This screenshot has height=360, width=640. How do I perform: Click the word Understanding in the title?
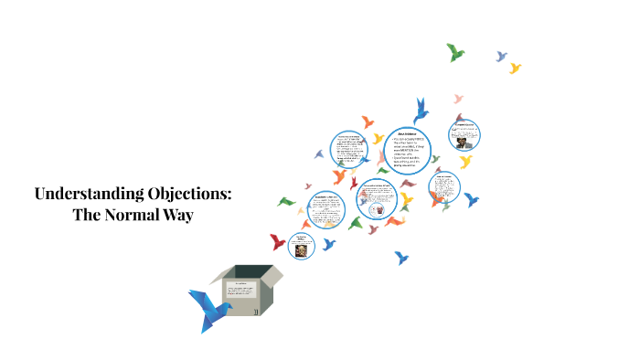coord(86,194)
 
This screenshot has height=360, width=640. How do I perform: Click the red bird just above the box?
coord(278,241)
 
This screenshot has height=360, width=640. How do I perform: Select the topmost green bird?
coord(455,52)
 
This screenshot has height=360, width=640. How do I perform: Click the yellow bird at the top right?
coord(515,68)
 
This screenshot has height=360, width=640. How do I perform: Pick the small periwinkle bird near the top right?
coord(501,57)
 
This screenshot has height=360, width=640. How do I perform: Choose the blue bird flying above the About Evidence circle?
coord(421,111)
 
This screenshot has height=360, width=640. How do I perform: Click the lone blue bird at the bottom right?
coord(400,258)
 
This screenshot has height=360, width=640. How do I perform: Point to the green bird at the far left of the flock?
coord(287,201)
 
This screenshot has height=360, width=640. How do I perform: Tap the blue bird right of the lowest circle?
coord(329,244)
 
